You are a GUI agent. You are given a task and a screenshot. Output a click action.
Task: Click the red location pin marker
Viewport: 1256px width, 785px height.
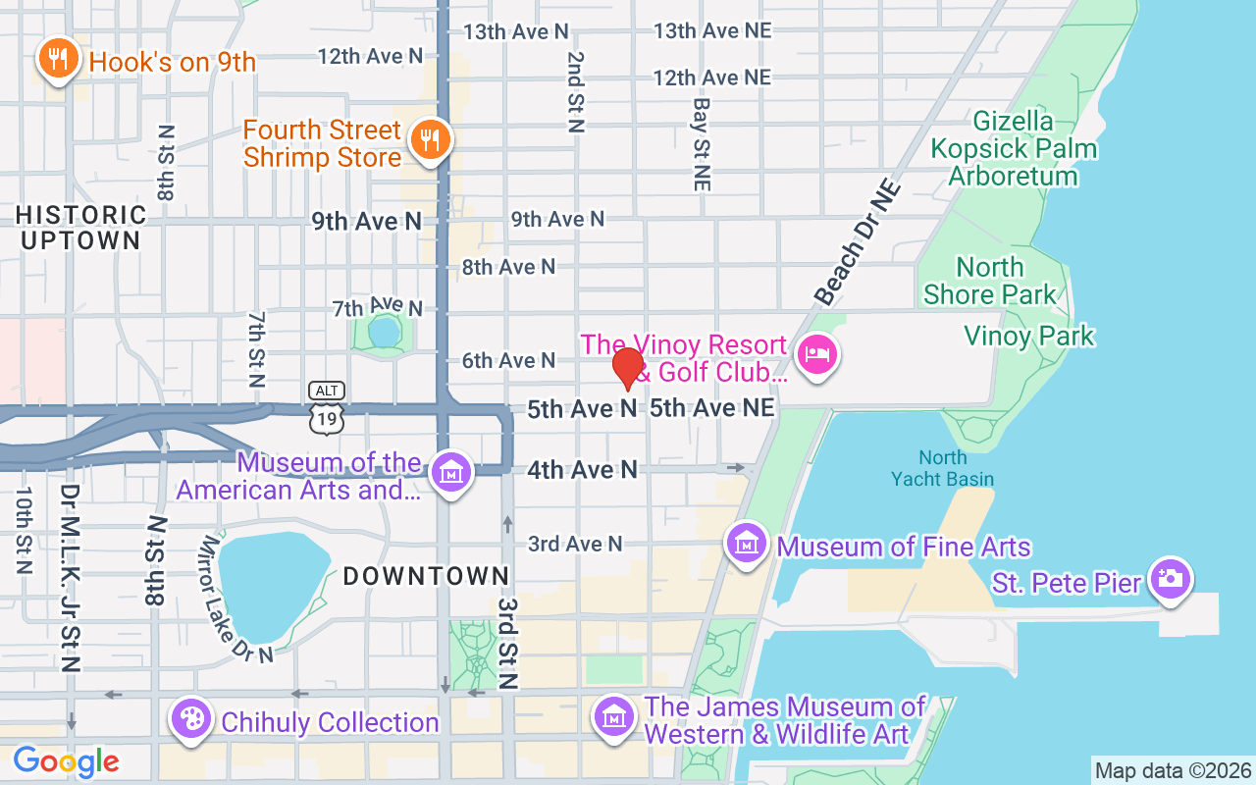pyautogui.click(x=628, y=369)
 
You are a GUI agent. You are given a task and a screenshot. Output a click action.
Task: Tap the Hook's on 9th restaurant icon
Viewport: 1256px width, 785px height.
pyautogui.click(x=58, y=60)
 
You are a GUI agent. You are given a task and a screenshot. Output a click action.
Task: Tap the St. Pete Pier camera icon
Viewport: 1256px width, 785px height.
pyautogui.click(x=1170, y=578)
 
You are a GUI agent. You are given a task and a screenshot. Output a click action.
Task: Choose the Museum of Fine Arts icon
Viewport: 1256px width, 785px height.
pyautogui.click(x=746, y=543)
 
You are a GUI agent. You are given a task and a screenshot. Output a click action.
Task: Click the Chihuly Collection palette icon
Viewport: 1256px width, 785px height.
pyautogui.click(x=191, y=719)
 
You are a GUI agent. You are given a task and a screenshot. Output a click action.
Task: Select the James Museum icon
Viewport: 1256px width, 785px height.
pyautogui.click(x=613, y=717)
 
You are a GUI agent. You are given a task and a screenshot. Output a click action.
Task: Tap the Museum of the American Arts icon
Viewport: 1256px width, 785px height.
pyautogui.click(x=451, y=472)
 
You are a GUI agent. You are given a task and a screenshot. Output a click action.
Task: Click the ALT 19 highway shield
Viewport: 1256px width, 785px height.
pyautogui.click(x=326, y=407)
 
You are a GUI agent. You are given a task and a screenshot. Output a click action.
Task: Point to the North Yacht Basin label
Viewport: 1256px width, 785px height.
pyautogui.click(x=942, y=468)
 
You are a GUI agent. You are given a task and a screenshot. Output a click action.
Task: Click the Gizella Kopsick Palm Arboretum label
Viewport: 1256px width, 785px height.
pyautogui.click(x=1014, y=149)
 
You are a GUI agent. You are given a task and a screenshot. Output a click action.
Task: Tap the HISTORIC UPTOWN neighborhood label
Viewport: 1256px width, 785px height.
pyautogui.click(x=80, y=227)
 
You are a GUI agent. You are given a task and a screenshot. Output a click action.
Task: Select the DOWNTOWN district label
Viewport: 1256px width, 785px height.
pyautogui.click(x=426, y=576)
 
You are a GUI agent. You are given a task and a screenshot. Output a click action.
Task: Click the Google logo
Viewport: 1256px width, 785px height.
pyautogui.click(x=66, y=761)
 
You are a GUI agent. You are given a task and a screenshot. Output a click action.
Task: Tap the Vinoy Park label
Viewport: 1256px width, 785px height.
pyautogui.click(x=1028, y=337)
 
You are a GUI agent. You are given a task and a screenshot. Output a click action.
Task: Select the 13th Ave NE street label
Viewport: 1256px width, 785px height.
pyautogui.click(x=712, y=30)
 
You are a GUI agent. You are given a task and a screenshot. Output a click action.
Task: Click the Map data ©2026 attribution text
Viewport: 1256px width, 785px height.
pyautogui.click(x=1173, y=770)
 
